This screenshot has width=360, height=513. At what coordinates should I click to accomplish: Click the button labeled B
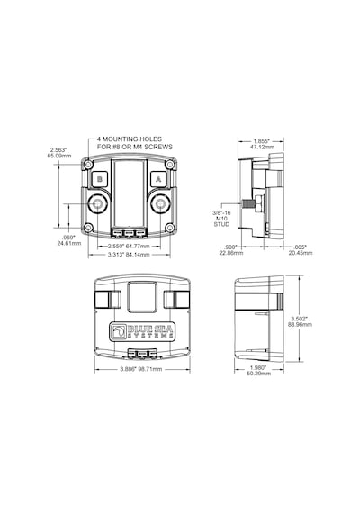100,179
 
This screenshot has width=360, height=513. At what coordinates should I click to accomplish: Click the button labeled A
158,179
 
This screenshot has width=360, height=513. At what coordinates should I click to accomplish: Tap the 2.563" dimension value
58,150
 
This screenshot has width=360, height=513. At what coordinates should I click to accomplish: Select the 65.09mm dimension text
59,156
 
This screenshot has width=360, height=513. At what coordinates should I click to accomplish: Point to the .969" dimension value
69,238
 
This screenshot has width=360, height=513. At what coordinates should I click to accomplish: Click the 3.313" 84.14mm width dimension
129,255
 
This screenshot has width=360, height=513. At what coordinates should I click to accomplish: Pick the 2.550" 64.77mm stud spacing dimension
129,246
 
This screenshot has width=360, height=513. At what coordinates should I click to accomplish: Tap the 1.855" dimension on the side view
262,141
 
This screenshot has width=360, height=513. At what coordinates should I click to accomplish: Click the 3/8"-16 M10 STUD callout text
221,219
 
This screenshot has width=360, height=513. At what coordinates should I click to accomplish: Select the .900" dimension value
231,247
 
